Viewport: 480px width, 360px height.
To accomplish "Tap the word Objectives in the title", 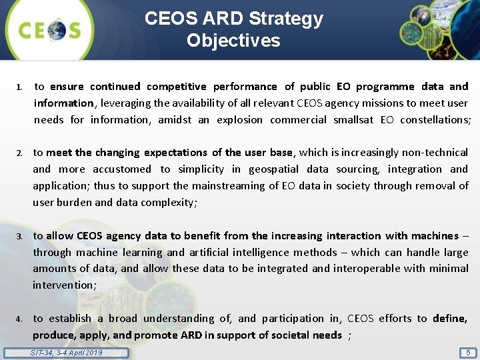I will pyautogui.click(x=233, y=41).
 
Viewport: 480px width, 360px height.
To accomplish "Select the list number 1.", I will pyautogui.click(x=20, y=87).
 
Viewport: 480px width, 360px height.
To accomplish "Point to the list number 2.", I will pyautogui.click(x=20, y=153).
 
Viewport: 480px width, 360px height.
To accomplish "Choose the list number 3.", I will pyautogui.click(x=20, y=236).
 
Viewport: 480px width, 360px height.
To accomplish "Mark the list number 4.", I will pyautogui.click(x=20, y=319).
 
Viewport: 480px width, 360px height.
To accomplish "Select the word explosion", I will pyautogui.click(x=239, y=120).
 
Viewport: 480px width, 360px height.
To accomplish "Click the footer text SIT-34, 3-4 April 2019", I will pyautogui.click(x=67, y=353).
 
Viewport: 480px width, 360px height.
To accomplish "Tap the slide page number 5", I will pyautogui.click(x=469, y=353).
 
